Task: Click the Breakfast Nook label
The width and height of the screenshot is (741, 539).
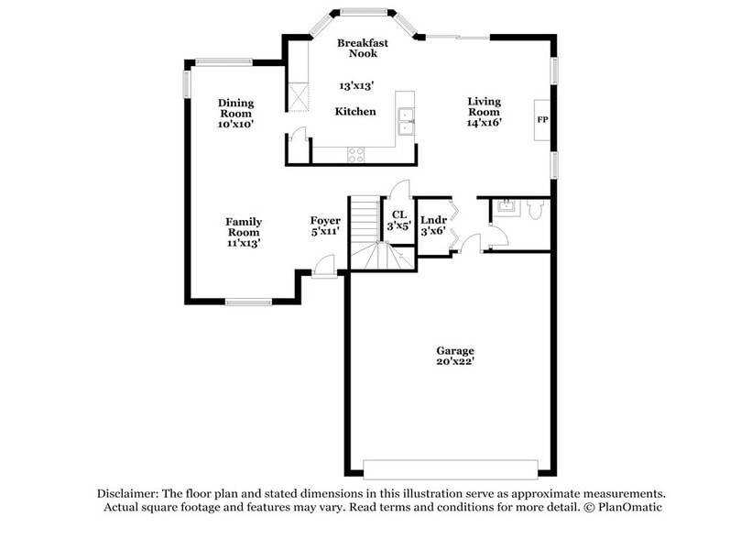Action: click(x=362, y=49)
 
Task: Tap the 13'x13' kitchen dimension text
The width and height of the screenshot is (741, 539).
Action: click(x=355, y=85)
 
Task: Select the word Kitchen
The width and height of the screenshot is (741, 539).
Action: click(x=354, y=111)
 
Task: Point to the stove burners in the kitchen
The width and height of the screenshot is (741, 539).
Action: click(x=355, y=154)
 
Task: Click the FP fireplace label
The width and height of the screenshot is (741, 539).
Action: click(x=542, y=120)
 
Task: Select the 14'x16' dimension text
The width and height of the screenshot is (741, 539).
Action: click(x=485, y=123)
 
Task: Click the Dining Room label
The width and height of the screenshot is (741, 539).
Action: click(x=235, y=108)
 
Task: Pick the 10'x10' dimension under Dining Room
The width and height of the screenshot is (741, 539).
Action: click(x=235, y=123)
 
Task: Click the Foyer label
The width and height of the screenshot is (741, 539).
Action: click(x=325, y=220)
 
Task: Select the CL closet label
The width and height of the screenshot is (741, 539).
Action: click(x=398, y=214)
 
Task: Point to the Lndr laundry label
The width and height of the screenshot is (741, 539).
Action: click(x=432, y=220)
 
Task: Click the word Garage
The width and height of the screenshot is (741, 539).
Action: click(x=454, y=350)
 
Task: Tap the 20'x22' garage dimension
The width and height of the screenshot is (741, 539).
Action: click(x=454, y=362)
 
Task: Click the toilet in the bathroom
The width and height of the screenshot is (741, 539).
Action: click(x=536, y=210)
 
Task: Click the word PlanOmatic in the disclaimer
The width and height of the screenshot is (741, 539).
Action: click(x=631, y=507)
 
